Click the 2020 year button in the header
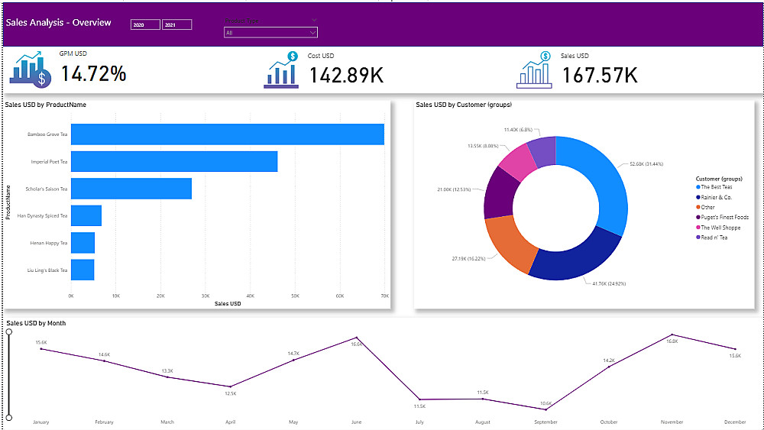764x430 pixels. (145, 25)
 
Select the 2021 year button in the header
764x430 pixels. (176, 25)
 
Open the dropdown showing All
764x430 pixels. (270, 33)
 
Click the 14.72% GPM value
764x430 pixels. (93, 74)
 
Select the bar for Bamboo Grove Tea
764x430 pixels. (227, 134)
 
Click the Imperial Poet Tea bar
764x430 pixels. (174, 162)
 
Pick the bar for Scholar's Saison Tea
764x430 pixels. (131, 189)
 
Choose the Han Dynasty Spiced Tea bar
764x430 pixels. (86, 215)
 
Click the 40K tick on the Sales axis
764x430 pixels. (250, 295)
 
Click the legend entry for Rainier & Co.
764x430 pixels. (717, 197)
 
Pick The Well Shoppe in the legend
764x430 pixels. (720, 227)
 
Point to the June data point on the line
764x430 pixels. (356, 338)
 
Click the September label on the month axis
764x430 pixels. (545, 422)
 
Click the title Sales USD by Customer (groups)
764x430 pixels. (464, 105)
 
